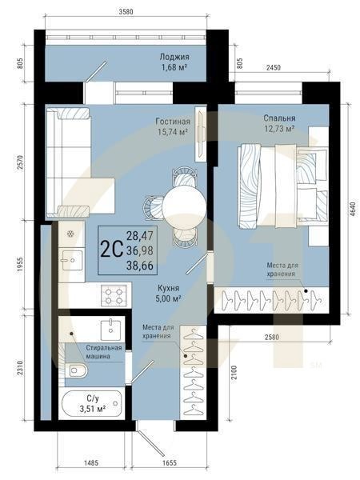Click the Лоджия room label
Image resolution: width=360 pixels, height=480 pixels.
pos(174,57)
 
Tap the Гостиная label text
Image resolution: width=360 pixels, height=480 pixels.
pos(173,122)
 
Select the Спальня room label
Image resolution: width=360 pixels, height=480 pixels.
pos(279,118)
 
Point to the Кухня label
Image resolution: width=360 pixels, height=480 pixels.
pos(168,288)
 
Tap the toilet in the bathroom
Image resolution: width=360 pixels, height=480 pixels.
pos(76,370)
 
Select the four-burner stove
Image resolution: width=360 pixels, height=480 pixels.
pos(114,294)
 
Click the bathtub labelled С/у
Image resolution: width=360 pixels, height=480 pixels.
pos(92,405)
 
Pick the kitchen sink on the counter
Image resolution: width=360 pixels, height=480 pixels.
pos(73,260)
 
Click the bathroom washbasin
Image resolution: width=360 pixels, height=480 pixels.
pos(110,329)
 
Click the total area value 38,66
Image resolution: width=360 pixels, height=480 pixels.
pos(140,266)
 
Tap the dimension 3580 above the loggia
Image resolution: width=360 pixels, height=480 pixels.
pos(126,12)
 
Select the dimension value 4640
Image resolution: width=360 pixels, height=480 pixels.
pos(354,209)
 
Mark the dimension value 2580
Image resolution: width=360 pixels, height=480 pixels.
pos(272,337)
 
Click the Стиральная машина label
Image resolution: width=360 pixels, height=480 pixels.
pos(103,352)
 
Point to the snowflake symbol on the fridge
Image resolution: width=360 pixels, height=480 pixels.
pos(70,234)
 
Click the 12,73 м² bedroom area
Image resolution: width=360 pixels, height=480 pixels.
pos(279,129)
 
